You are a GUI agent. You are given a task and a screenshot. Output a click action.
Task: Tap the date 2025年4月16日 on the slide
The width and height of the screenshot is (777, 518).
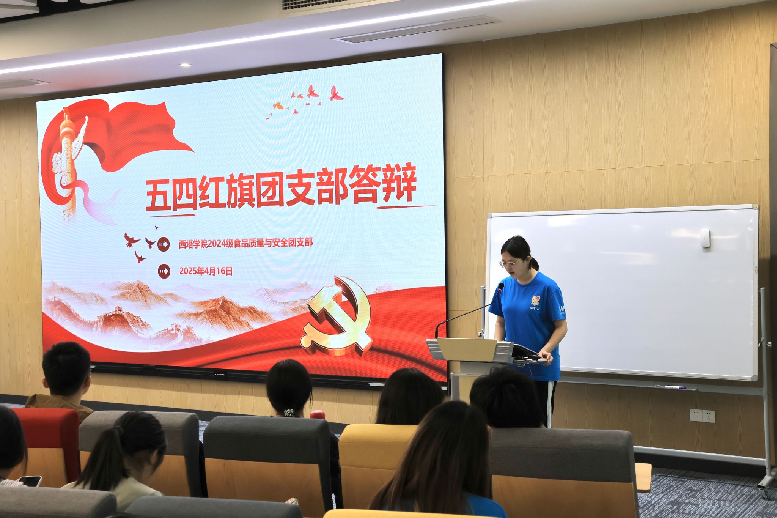point(206,271)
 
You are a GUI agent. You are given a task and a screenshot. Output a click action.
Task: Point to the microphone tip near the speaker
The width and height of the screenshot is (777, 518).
point(501,286)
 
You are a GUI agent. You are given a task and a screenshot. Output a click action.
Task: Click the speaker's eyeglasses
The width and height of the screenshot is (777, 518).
point(511,263)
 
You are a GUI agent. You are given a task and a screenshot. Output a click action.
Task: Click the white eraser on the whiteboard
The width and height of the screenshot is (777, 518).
point(705,238)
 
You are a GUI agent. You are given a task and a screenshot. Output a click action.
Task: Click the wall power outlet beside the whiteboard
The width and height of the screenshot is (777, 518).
point(702,416)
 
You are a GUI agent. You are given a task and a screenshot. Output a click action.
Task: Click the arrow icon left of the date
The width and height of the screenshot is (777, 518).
point(164,271)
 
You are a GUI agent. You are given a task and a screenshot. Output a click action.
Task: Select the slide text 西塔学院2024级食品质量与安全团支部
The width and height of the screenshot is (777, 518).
point(246,243)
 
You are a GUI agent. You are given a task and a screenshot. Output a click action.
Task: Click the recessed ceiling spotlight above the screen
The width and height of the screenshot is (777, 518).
point(186,65)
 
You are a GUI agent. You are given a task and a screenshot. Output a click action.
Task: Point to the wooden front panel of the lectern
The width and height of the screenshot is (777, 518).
point(466,349)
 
